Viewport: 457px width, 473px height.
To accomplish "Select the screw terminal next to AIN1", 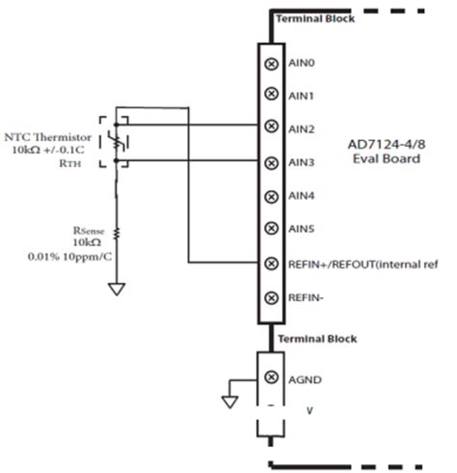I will (x=271, y=95).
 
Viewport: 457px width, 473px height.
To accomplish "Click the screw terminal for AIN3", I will (x=271, y=162).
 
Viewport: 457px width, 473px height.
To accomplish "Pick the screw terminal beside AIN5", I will (x=271, y=229).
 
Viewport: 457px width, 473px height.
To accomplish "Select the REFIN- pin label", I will (x=306, y=297).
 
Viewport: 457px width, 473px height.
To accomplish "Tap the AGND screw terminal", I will (x=271, y=376).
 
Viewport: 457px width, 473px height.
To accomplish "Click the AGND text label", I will (x=304, y=377).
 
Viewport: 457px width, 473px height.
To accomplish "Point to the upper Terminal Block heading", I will (x=315, y=18).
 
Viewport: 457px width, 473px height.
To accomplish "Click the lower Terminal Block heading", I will (x=316, y=339).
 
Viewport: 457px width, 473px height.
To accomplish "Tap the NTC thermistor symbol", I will (x=121, y=141).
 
